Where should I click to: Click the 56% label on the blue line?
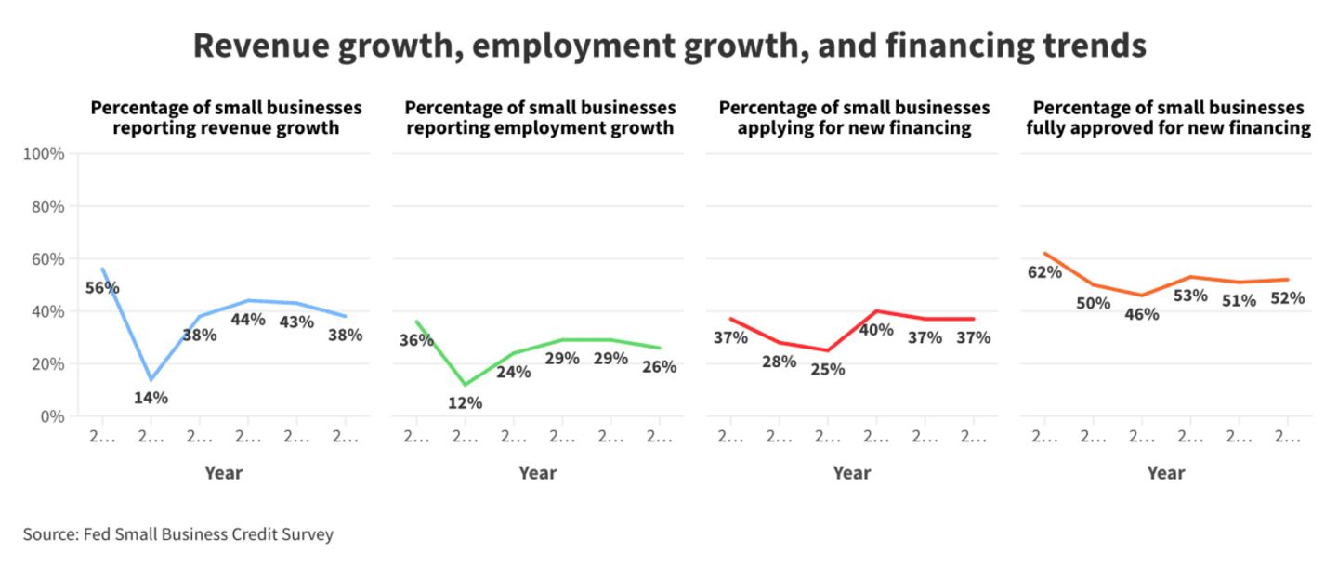(102, 288)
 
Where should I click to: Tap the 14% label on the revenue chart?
(151, 398)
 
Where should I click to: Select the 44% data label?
(247, 320)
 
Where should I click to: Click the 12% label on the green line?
(465, 403)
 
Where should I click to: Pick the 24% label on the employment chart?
(513, 372)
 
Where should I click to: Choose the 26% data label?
(658, 367)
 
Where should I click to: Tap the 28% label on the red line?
(779, 362)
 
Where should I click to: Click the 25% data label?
(827, 369)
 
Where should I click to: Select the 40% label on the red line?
(875, 330)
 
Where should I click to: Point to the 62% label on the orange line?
(1044, 272)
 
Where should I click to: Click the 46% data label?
(1141, 314)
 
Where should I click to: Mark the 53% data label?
(1189, 296)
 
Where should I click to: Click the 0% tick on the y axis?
(51, 416)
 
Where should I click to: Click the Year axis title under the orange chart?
(1165, 473)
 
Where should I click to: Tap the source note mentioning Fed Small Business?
(178, 534)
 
